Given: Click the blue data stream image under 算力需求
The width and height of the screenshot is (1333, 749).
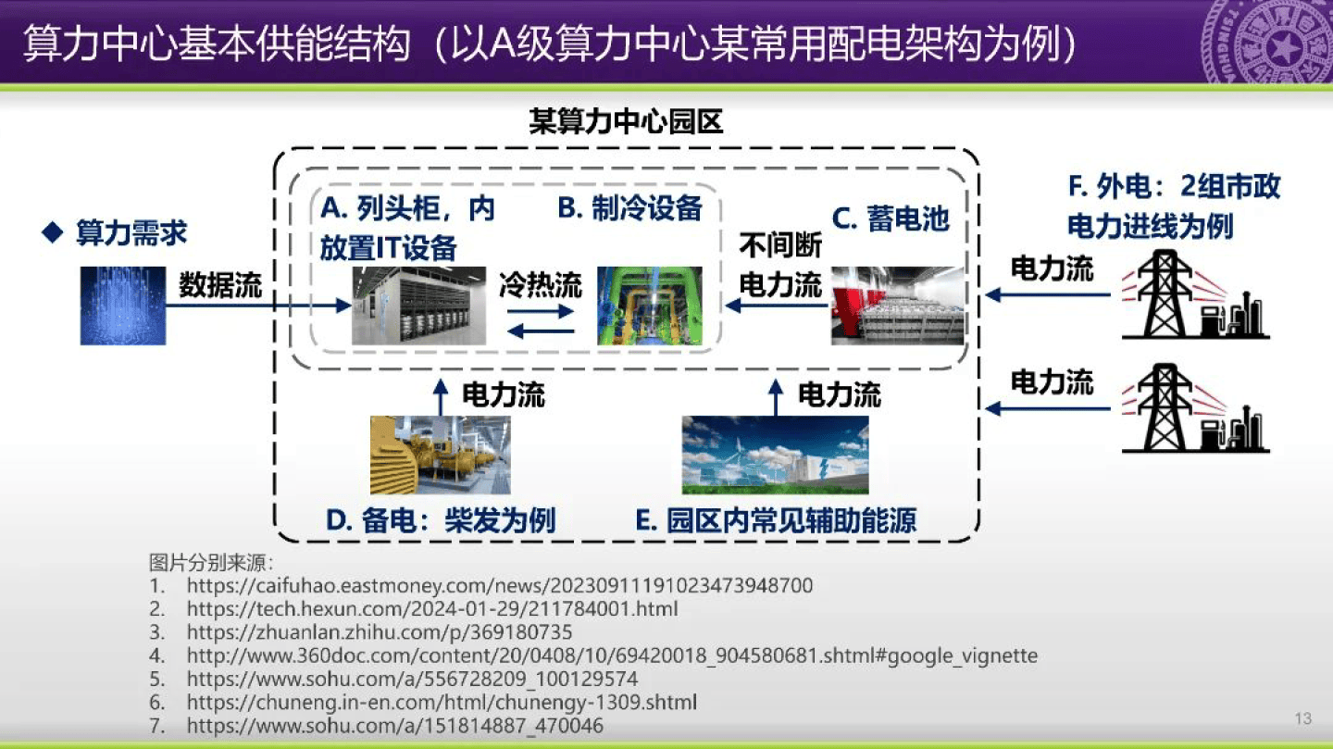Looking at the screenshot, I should (122, 306).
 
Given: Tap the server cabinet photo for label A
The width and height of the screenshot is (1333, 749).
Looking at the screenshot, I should (418, 306).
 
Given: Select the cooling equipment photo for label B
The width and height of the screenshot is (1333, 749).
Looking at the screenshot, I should (649, 306).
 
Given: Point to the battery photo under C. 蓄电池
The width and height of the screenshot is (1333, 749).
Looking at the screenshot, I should (897, 306).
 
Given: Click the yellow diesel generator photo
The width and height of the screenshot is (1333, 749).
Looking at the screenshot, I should (440, 455).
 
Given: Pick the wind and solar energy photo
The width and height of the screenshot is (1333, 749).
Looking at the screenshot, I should (775, 455).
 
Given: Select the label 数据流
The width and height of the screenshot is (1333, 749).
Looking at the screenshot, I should (220, 284).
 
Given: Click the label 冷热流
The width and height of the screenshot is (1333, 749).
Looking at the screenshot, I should (541, 284).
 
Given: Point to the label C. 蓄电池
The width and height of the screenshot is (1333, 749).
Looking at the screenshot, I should (891, 218).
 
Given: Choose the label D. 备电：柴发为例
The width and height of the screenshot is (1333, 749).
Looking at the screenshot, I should (441, 520).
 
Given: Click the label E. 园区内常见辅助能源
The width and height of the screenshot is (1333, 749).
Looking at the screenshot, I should (776, 520).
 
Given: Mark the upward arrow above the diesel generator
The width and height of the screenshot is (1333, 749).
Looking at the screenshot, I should (441, 394).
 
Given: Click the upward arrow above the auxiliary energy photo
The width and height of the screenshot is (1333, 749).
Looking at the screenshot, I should (776, 394).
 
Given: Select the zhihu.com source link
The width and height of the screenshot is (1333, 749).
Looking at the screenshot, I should (380, 632).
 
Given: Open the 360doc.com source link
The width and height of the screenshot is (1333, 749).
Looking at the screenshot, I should (612, 655).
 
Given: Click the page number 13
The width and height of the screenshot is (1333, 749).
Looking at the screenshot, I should (1303, 719).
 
